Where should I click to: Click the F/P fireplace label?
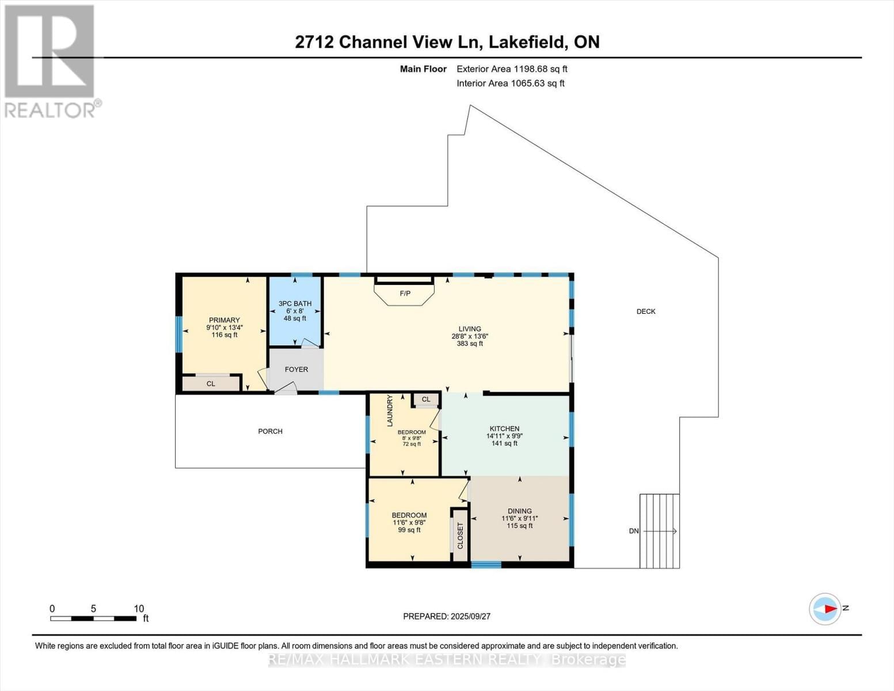(x=405, y=294)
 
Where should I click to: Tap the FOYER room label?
(x=296, y=370)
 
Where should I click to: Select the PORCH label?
(x=270, y=431)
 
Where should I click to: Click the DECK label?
(x=646, y=312)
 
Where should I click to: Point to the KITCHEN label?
(x=504, y=429)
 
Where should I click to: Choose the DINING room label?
(x=520, y=511)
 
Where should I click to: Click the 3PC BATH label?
(x=295, y=303)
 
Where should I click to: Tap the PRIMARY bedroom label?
(x=224, y=321)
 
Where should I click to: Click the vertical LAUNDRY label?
(x=390, y=411)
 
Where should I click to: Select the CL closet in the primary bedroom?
(x=211, y=384)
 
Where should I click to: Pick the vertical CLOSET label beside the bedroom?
(x=460, y=536)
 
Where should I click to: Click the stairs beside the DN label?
(x=660, y=531)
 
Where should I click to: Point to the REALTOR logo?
(x=51, y=60)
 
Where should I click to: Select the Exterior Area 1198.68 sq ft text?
(x=512, y=69)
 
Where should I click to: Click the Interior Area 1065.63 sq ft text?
(x=510, y=83)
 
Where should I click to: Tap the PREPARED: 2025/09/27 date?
(x=447, y=616)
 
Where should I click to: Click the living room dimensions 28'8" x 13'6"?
(x=470, y=336)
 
